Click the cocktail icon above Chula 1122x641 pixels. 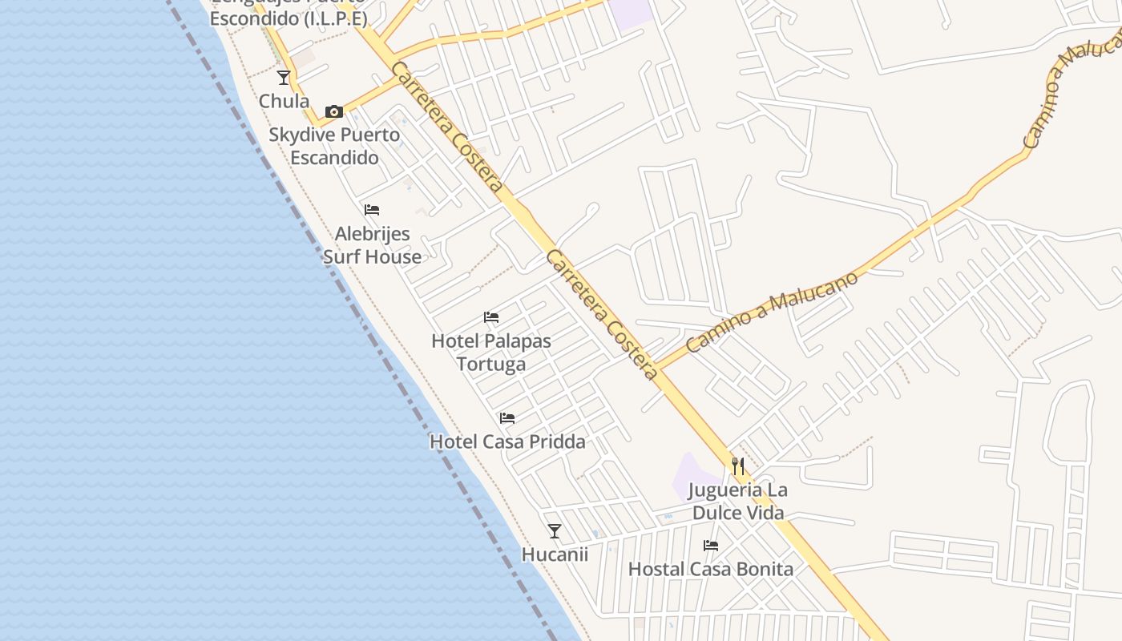point(284,78)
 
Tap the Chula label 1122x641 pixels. point(284,101)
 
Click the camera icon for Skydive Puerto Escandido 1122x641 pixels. point(334,111)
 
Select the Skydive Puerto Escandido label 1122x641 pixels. point(334,146)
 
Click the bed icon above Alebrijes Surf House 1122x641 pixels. point(372,210)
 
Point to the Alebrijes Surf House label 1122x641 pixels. point(372,245)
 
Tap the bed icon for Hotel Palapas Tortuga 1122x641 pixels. point(491,317)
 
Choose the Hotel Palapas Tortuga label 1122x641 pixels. point(491,352)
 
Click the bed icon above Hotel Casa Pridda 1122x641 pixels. point(507,417)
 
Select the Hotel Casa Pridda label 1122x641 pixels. point(507,441)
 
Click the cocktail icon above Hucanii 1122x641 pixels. point(554,530)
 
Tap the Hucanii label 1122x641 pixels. point(555,554)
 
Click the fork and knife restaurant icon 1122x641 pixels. point(738,466)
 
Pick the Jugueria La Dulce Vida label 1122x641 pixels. point(737,501)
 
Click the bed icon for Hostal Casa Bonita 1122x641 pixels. point(711,546)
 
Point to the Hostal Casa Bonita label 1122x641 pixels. point(711,570)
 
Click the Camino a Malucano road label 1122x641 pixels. point(773,311)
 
